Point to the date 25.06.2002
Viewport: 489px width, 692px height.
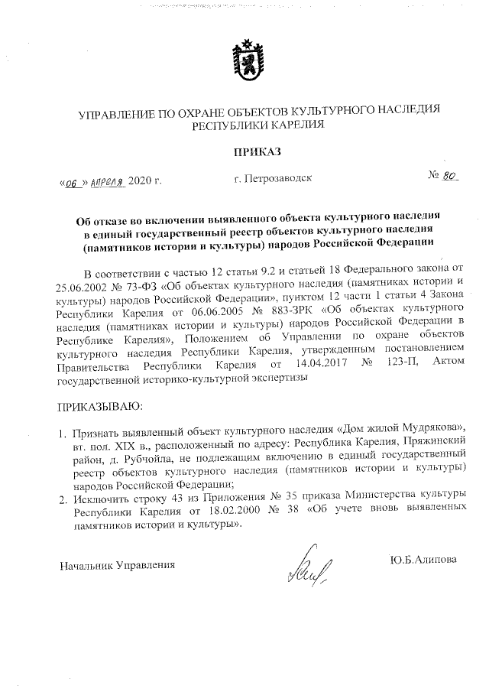83,286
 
